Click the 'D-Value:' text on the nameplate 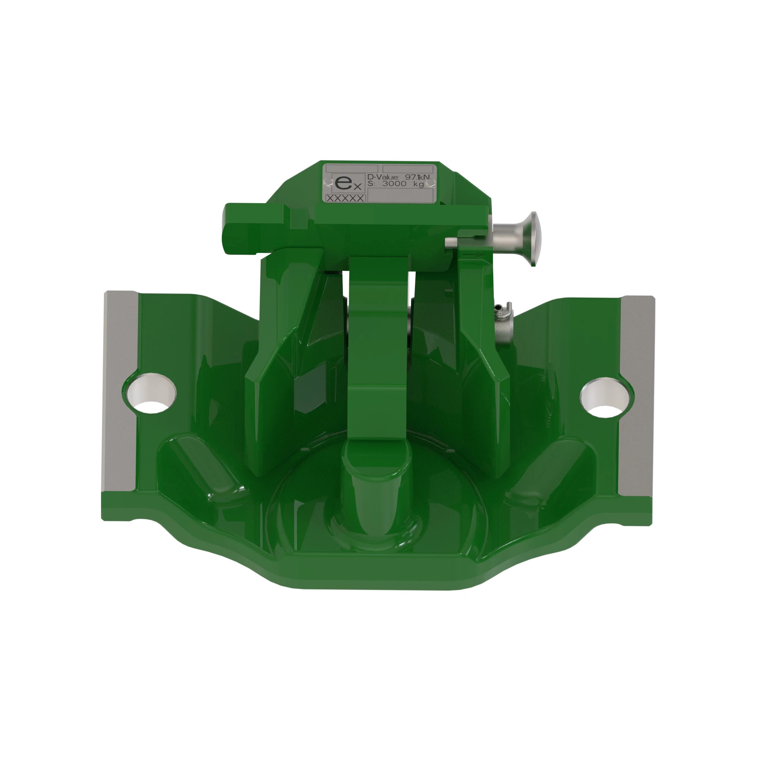coord(382,177)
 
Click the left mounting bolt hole coord(150,392)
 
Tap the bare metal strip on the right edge coord(636,395)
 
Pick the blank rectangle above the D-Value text coord(408,169)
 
